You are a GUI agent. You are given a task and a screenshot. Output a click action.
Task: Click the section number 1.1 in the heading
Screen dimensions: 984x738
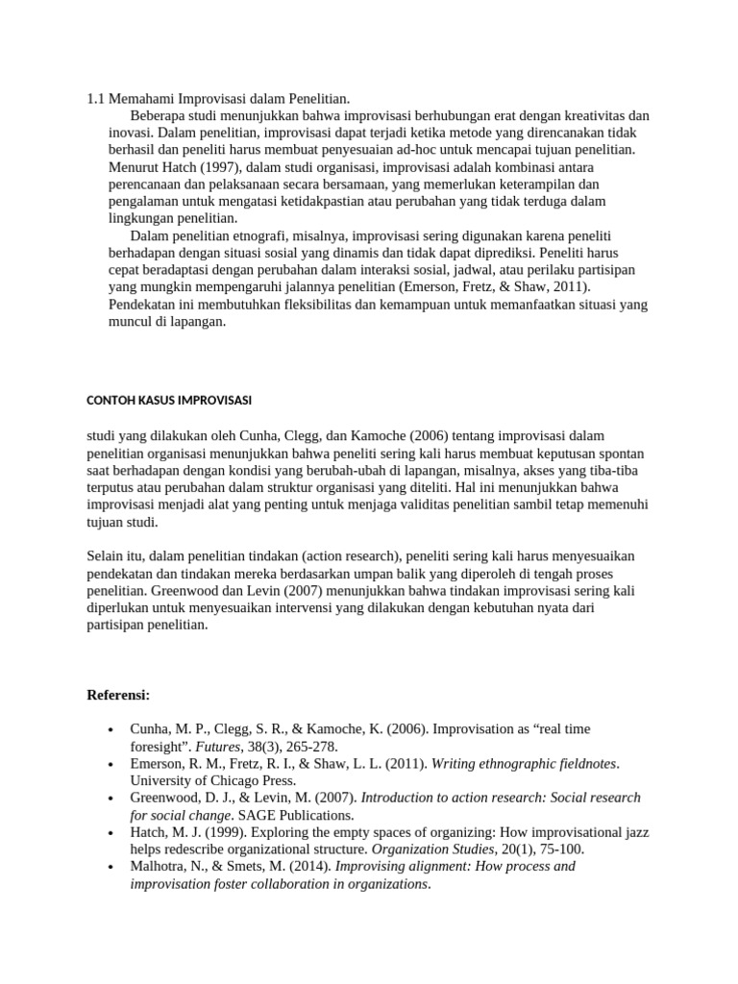coord(95,98)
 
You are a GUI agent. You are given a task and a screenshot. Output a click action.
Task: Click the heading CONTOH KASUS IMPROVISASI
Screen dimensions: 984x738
coord(168,400)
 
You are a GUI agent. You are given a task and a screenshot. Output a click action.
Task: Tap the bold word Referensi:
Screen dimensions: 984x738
coord(119,694)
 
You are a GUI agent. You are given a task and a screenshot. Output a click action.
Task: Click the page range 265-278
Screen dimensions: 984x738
coord(312,746)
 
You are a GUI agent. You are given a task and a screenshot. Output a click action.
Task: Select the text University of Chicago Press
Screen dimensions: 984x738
coord(212,780)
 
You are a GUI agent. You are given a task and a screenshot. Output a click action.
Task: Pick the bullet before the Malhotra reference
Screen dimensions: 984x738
coord(113,867)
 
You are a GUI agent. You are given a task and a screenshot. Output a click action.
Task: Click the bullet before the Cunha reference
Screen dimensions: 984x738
coord(113,728)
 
